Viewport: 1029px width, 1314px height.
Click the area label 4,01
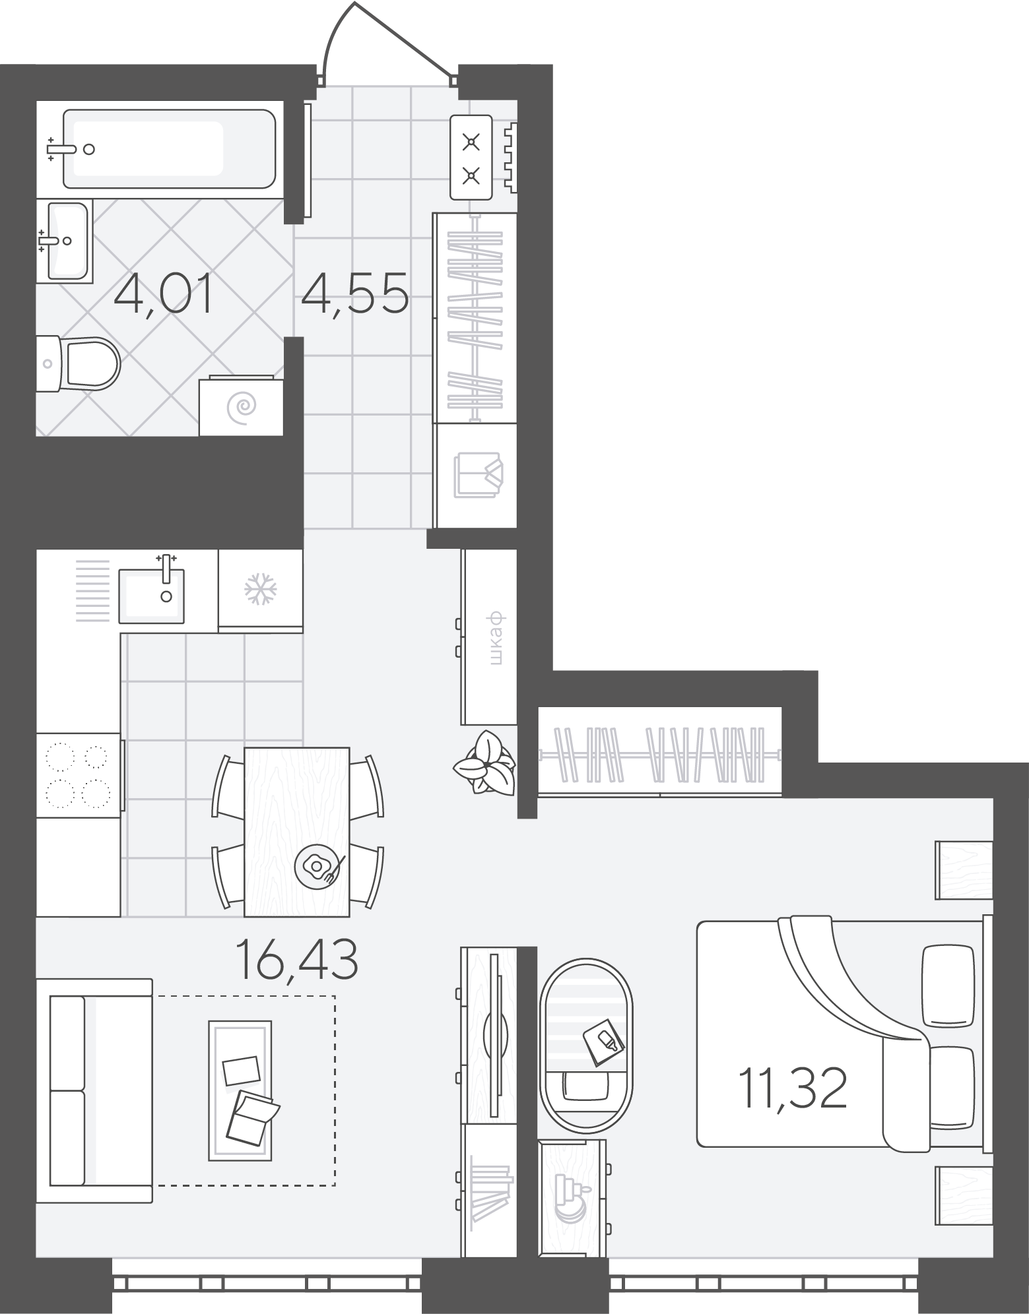[163, 296]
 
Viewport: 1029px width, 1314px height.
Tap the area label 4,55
[355, 296]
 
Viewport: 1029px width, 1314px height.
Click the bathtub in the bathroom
[169, 149]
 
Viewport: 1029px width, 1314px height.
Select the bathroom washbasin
[63, 241]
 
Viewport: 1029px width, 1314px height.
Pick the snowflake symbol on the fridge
[260, 588]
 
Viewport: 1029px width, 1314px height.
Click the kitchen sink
[152, 596]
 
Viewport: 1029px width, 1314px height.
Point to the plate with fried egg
[317, 865]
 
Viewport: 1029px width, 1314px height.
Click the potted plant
[484, 762]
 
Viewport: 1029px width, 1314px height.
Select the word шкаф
[498, 639]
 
